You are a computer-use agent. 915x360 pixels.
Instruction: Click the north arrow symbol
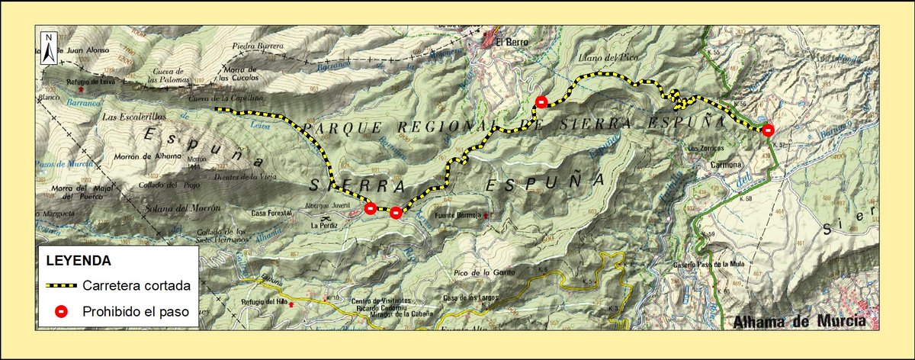[x=48, y=48]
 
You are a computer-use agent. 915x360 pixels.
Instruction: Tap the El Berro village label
[x=508, y=43]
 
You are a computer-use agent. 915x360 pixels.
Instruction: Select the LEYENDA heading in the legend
[x=79, y=260]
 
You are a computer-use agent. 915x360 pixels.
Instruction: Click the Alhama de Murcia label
[x=799, y=321]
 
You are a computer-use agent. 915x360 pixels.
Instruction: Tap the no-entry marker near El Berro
[x=541, y=102]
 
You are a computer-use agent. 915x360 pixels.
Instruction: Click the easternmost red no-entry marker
[x=768, y=129]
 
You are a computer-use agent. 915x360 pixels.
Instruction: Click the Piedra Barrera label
[x=258, y=46]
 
